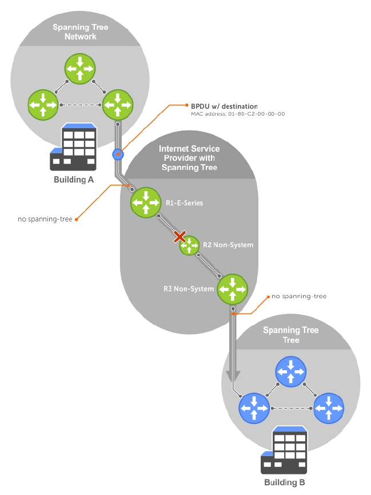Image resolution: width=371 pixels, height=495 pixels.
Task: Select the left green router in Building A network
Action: click(43, 105)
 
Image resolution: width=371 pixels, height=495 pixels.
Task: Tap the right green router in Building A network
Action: click(117, 105)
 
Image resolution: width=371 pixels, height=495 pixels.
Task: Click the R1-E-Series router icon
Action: click(146, 202)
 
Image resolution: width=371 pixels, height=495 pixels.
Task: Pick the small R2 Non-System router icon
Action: click(189, 245)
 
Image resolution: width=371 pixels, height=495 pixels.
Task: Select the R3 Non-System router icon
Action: click(233, 288)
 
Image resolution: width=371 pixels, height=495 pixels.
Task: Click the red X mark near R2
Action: click(180, 236)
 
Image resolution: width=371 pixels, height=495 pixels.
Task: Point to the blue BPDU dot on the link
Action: click(117, 153)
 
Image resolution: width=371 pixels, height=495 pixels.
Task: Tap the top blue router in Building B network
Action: click(290, 371)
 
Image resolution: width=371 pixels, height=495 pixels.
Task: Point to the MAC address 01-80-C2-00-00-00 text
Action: click(238, 114)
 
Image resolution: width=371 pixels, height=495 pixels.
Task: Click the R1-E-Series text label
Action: click(185, 203)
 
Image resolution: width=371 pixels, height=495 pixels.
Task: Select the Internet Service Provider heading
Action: click(189, 158)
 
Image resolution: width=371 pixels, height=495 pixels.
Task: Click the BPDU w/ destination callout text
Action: click(224, 106)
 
